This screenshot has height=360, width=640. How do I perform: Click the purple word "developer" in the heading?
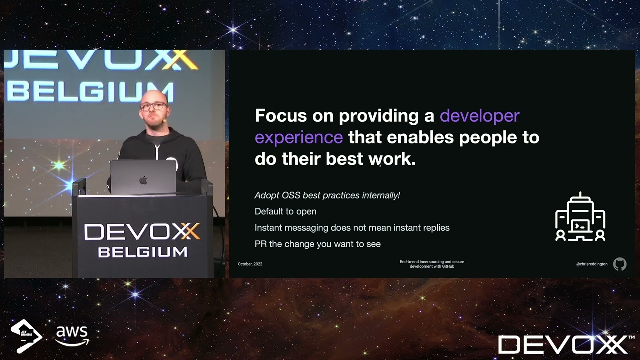[x=479, y=116]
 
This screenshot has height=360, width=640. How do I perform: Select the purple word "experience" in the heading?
[x=299, y=137]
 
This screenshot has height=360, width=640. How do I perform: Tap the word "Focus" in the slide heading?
[x=280, y=116]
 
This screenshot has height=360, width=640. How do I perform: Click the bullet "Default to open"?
[x=285, y=211]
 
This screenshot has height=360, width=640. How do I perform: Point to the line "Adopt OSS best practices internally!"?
[x=327, y=195]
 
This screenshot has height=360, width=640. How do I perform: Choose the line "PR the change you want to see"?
[x=317, y=244]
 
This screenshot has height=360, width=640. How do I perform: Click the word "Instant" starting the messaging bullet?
[x=268, y=228]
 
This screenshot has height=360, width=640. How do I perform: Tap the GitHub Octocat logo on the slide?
[x=619, y=264]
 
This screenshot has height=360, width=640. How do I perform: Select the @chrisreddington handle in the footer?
[x=592, y=264]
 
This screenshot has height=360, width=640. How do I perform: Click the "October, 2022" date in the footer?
[x=250, y=264]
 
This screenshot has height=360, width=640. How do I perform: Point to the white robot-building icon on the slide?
[x=580, y=217]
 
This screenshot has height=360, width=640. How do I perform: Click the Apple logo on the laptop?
[x=143, y=180]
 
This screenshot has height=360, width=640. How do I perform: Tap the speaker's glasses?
[x=153, y=106]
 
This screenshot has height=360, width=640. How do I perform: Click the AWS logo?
[x=72, y=335]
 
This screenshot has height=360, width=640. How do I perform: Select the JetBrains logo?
[x=26, y=335]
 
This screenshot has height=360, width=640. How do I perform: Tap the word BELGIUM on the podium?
[x=142, y=252]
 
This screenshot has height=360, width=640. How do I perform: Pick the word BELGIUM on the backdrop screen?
[x=90, y=93]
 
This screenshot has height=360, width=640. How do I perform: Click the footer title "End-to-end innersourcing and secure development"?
[x=432, y=264]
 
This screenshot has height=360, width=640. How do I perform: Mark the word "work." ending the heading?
[x=392, y=159]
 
